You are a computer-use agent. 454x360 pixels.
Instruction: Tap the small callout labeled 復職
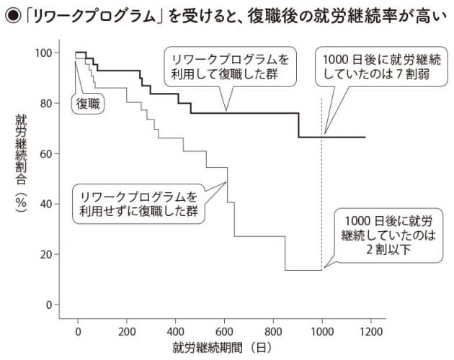[x=88, y=103]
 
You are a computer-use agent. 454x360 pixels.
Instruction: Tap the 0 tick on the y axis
[x=47, y=305]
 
